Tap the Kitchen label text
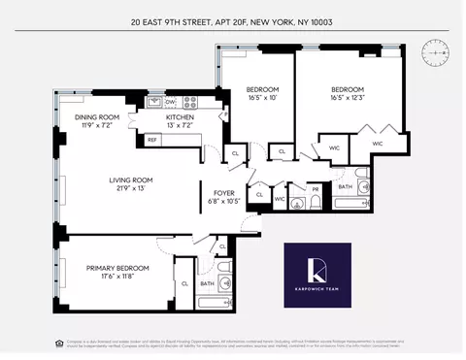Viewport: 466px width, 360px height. pos(156,122)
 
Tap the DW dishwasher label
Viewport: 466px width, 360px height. pos(170,101)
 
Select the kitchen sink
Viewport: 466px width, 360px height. pos(153,101)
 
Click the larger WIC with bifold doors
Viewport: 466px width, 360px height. pos(375,144)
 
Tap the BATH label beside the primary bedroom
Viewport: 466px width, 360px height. pos(207,284)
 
